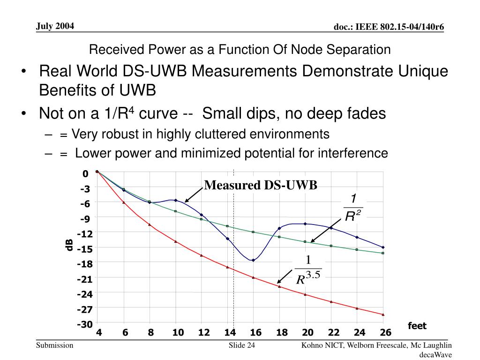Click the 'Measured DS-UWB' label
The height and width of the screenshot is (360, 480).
[261, 185]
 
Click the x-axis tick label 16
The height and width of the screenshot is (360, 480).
[255, 333]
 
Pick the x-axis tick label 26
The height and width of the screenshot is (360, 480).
[385, 333]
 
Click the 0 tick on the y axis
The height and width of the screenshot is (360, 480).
[85, 174]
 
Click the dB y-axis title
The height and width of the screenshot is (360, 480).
[69, 244]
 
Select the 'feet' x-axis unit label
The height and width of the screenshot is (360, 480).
[417, 325]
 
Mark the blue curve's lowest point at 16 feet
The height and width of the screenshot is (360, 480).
[253, 260]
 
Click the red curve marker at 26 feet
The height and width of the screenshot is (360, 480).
[383, 315]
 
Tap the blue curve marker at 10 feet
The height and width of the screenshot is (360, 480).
[175, 200]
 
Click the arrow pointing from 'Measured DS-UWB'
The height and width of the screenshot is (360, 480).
[194, 195]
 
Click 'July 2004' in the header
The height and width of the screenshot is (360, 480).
[55, 26]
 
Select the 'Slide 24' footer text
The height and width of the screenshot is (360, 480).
[241, 346]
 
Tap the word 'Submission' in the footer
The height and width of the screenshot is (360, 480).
[55, 346]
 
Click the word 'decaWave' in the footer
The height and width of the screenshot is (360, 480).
[435, 355]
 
